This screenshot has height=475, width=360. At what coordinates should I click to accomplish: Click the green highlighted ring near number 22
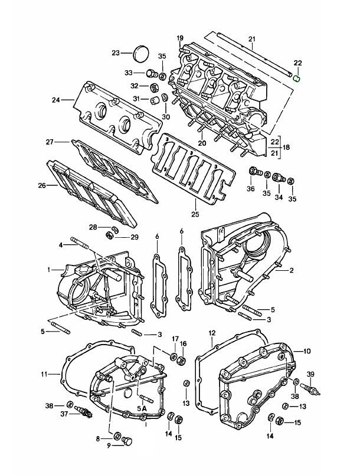[298, 75]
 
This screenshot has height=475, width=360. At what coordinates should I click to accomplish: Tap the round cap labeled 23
[142, 53]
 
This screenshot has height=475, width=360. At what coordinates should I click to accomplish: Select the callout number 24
[56, 100]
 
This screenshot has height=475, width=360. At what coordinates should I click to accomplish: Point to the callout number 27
[50, 142]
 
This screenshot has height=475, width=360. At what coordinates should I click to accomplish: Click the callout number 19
[180, 38]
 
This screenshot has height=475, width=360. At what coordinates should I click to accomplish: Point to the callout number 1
[50, 270]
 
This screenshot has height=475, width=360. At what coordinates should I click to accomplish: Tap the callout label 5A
[142, 408]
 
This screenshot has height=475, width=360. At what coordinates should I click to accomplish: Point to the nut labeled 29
[109, 236]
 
